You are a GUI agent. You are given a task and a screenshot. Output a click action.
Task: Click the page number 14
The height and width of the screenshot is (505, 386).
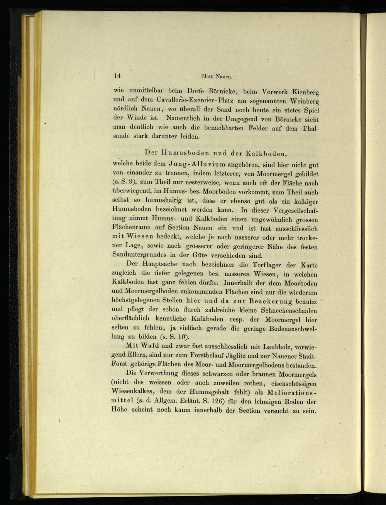tap(117, 76)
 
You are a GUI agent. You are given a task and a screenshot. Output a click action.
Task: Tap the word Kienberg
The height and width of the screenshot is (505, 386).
tap(303, 93)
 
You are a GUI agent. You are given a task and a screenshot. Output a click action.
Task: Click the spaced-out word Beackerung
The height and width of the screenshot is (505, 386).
tap(270, 301)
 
